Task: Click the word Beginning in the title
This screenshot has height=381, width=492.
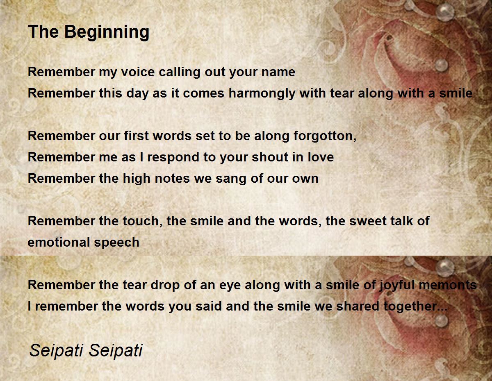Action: [x=107, y=32]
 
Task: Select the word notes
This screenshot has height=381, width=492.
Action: [x=172, y=179]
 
